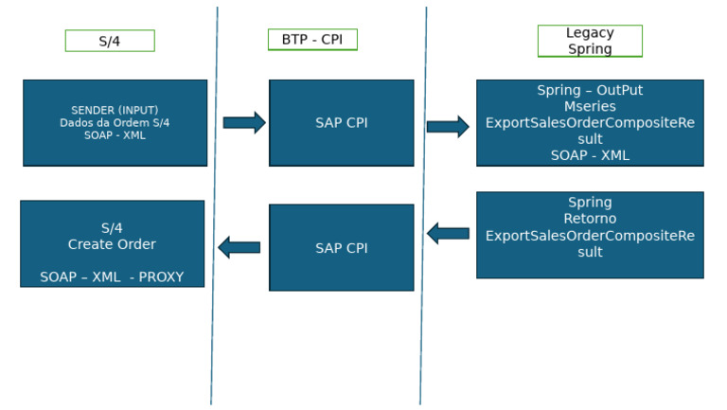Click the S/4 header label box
pyautogui.click(x=110, y=41)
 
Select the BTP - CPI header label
pyautogui.click(x=312, y=40)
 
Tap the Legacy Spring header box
pyautogui.click(x=590, y=41)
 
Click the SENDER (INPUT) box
pyautogui.click(x=115, y=123)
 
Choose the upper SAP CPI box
pyautogui.click(x=341, y=123)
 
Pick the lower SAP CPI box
pyautogui.click(x=341, y=247)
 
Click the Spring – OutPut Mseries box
pyautogui.click(x=589, y=123)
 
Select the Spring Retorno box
pyautogui.click(x=589, y=235)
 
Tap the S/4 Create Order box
pyautogui.click(x=112, y=243)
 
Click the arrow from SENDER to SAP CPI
pyautogui.click(x=244, y=122)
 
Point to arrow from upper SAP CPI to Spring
pyautogui.click(x=448, y=127)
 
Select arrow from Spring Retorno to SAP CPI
pyautogui.click(x=448, y=233)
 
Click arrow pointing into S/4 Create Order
pyautogui.click(x=239, y=247)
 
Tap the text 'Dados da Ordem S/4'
pyautogui.click(x=115, y=123)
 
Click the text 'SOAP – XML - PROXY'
pyautogui.click(x=112, y=277)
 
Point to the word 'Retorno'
pyautogui.click(x=590, y=219)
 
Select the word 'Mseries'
pyautogui.click(x=590, y=106)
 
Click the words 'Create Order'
pyautogui.click(x=112, y=244)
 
